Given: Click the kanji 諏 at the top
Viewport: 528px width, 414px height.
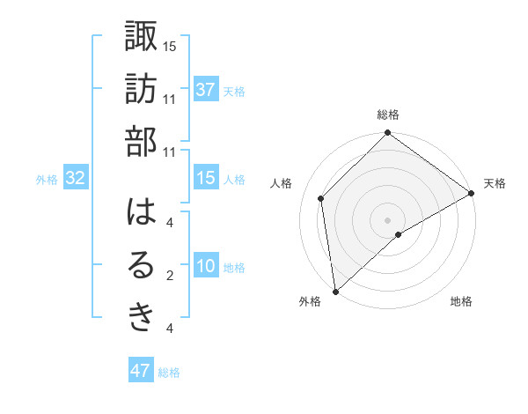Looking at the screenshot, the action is pos(141,36).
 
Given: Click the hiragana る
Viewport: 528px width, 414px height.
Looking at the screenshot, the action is pos(141,267).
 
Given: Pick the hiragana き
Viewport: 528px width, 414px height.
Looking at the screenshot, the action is pos(141,319).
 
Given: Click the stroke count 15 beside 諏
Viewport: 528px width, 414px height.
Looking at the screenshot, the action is pos(170,45).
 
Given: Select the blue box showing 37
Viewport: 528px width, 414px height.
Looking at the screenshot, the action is pos(205,89).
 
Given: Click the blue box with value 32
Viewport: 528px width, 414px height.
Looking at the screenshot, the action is pos(76,179).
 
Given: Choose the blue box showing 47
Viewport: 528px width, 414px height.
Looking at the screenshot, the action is pos(140,371).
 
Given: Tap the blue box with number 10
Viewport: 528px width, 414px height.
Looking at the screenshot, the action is pos(205,267).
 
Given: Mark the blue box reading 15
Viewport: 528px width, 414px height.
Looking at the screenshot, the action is pos(205,178).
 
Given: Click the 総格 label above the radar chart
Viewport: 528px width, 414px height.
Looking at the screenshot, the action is pos(387,115).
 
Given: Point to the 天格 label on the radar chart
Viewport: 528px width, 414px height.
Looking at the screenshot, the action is pos(495,183).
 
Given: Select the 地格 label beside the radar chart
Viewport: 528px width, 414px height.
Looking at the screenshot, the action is pos(461,301).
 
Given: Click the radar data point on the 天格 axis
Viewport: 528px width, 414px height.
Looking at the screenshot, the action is pos(472,193).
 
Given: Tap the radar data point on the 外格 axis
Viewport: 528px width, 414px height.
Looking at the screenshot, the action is pos(335,291).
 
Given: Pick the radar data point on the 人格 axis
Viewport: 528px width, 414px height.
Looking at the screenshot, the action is pos(321,198).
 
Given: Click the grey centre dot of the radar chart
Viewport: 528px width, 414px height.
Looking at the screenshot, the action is pos(387,219).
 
